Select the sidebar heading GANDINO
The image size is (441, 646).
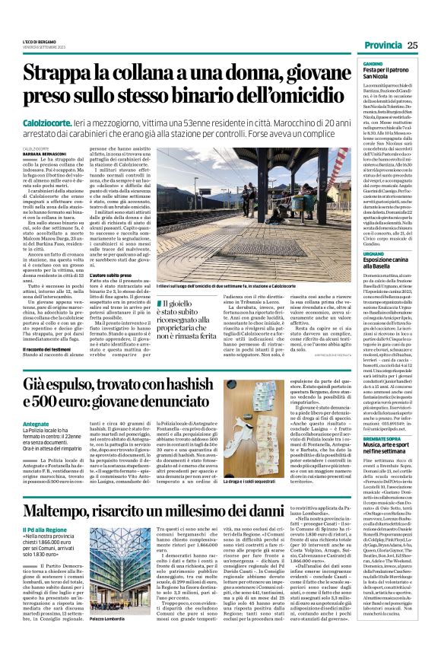point(373,63)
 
